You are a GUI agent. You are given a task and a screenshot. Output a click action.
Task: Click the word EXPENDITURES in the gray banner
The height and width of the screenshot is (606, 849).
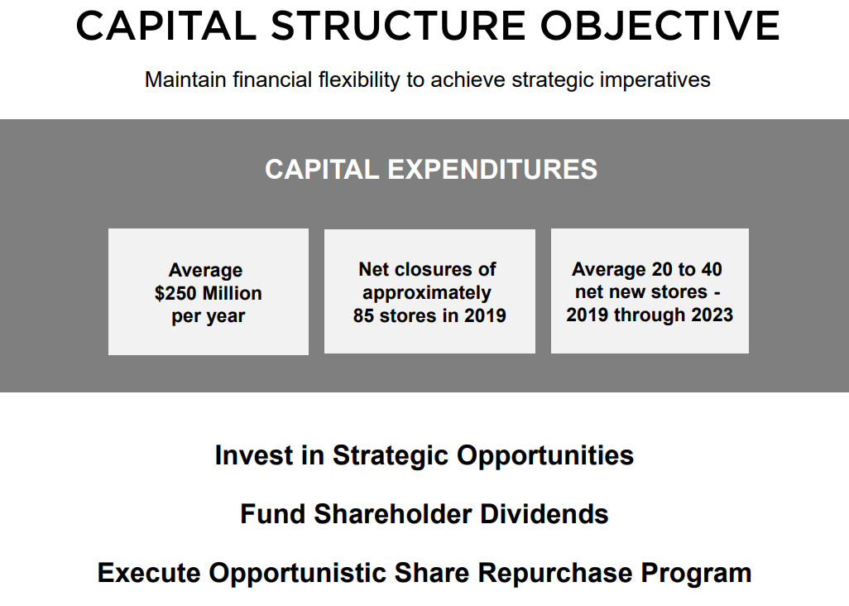(492, 170)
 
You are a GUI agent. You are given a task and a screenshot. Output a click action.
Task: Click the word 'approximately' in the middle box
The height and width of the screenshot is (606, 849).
(427, 293)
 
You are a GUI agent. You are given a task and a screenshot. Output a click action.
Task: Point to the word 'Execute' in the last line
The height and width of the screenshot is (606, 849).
(149, 573)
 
